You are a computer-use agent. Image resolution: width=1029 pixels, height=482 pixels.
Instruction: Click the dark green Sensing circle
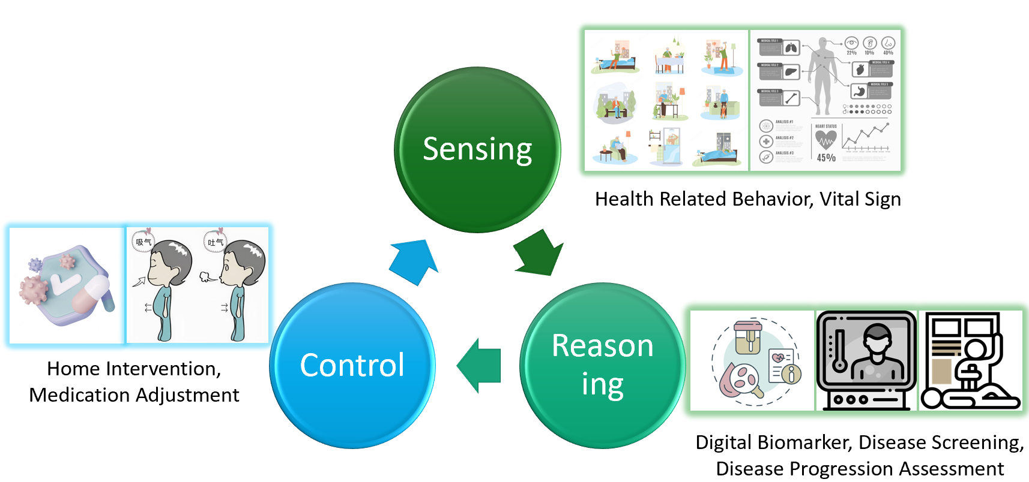coord(477,150)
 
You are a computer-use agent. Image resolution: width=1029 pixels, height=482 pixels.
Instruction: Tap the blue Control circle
coord(352,366)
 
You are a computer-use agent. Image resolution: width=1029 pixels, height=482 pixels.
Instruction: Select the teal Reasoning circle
coord(602,366)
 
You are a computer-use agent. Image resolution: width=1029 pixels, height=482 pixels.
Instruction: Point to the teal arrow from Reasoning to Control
coord(480,366)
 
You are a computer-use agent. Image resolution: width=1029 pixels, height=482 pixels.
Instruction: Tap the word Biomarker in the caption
coord(804,442)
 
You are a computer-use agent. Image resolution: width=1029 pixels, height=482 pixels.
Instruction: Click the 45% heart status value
coord(826,158)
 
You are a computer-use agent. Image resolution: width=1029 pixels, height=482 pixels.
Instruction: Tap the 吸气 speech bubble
coord(143,242)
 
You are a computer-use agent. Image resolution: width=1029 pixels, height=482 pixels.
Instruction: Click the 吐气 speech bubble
coord(214,242)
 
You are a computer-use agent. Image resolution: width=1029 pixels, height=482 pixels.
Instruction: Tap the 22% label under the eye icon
coord(851,53)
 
